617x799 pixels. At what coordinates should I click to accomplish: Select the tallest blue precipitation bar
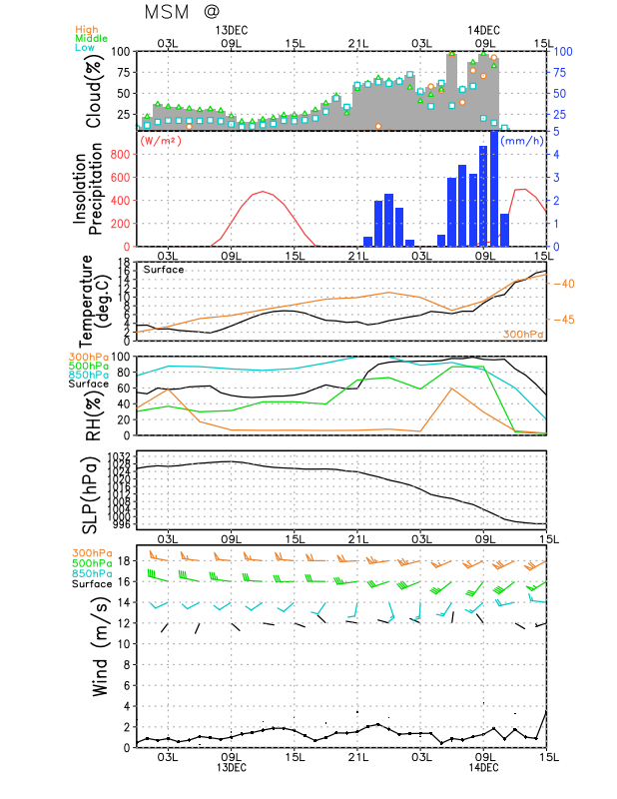(493, 189)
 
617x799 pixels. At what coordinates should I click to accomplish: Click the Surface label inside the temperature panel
(164, 270)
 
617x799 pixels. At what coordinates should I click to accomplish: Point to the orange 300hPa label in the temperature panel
(523, 334)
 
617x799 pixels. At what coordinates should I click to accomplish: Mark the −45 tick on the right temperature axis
(566, 320)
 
